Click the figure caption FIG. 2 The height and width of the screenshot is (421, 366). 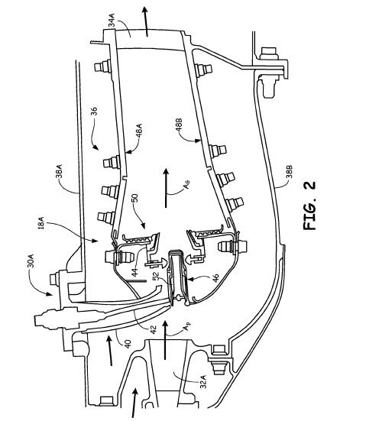click(x=309, y=206)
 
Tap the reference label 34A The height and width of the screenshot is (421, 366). click(x=112, y=21)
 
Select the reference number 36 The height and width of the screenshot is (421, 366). click(x=94, y=111)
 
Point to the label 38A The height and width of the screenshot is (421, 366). click(x=59, y=171)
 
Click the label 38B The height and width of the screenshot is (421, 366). click(x=289, y=172)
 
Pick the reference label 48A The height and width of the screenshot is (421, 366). click(x=139, y=131)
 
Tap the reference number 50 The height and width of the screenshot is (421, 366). click(x=134, y=198)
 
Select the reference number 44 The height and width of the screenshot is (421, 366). click(x=134, y=272)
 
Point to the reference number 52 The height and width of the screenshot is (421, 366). click(x=156, y=277)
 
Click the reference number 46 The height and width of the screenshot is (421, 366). click(x=215, y=278)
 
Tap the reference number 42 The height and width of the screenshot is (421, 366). click(x=153, y=330)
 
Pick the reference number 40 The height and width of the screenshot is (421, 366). click(x=128, y=344)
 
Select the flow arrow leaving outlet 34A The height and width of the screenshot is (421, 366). click(x=145, y=21)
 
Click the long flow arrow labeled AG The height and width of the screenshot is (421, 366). click(x=166, y=188)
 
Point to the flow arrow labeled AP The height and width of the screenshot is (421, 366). click(x=165, y=341)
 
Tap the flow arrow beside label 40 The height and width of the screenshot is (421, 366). click(x=109, y=351)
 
